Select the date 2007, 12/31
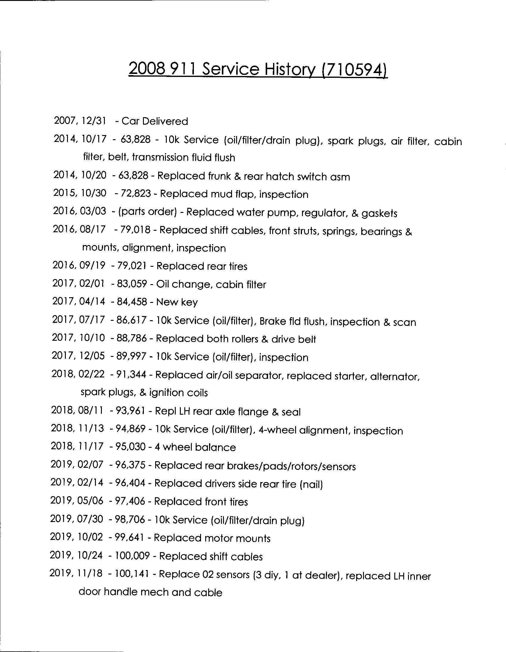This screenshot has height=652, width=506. click(x=80, y=121)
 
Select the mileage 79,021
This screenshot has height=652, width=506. click(x=132, y=265)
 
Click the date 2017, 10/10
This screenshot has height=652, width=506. click(x=78, y=338)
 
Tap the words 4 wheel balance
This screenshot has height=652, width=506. click(x=195, y=447)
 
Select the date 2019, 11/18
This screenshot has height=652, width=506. click(x=76, y=573)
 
